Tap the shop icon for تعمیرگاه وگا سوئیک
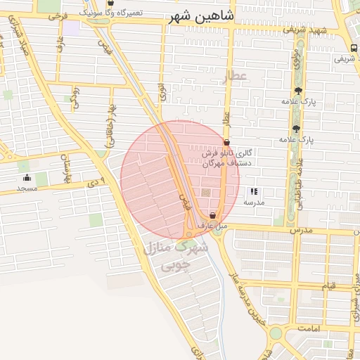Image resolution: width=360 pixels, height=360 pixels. point(110,3)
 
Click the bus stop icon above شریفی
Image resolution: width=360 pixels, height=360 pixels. point(352,48)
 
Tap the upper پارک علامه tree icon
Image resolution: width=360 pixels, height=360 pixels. point(298,91)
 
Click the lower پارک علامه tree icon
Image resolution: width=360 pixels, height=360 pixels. point(295,129)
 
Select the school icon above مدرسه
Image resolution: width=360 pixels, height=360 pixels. point(254,191)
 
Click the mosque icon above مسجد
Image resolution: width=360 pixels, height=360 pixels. point(27,178)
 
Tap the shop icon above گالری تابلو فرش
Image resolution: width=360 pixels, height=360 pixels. point(226,142)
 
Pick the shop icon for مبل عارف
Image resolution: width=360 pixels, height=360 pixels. point(212,215)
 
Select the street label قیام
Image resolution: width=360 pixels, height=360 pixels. point(328,286)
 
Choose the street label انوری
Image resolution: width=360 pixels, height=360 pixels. point(162,91)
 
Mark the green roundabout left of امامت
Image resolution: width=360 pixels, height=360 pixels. point(276,332)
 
